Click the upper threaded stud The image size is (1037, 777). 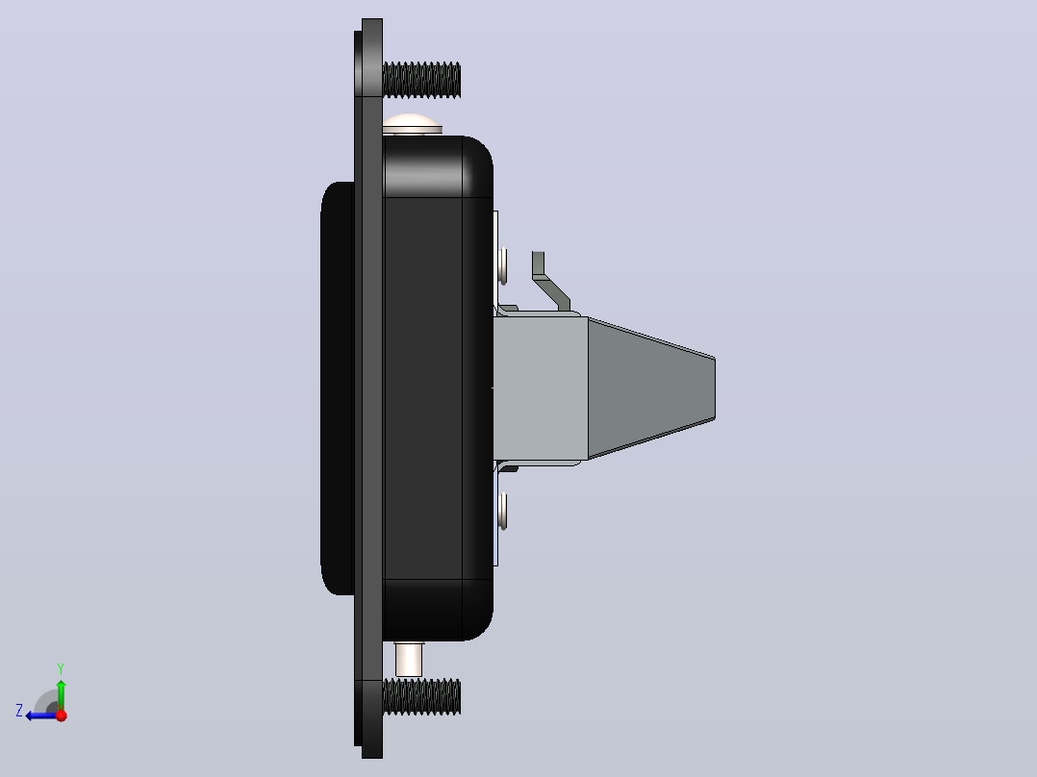421,80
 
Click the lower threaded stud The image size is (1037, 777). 421,696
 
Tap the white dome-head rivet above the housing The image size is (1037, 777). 412,124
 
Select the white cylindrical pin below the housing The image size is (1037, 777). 408,659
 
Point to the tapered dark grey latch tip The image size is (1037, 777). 651,388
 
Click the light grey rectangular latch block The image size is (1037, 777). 541,388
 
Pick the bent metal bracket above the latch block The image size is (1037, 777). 550,281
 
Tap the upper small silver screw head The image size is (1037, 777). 503,265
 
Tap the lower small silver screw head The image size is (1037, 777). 503,511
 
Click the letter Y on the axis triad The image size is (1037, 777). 61,668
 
